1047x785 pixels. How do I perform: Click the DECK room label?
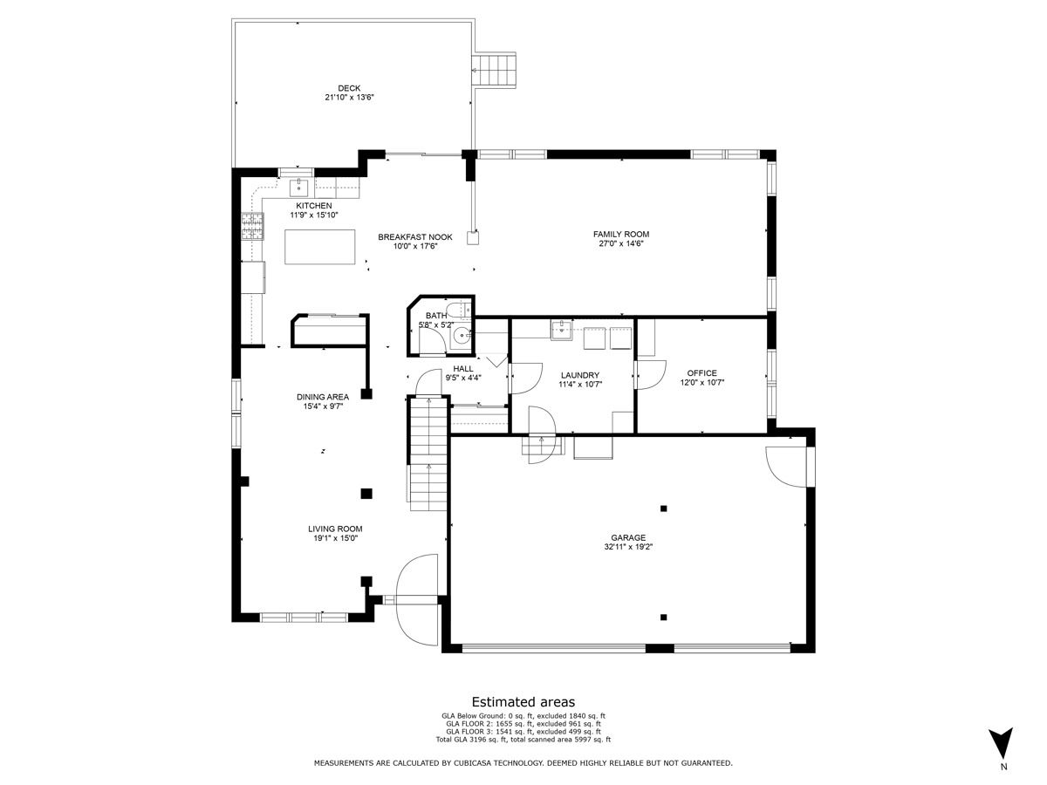tap(349, 88)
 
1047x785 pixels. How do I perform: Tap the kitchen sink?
tap(299, 188)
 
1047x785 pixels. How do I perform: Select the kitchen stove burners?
tap(251, 226)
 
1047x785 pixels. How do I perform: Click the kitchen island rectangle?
tap(319, 247)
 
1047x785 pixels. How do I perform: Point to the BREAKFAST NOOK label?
tap(415, 237)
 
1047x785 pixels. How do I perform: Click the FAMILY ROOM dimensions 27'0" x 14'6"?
tap(621, 243)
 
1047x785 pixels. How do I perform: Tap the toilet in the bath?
tap(459, 310)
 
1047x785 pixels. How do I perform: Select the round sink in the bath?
tap(462, 336)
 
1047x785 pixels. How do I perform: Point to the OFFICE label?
tap(701, 373)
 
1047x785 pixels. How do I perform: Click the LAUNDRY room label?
tap(580, 375)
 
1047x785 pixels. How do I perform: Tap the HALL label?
tap(463, 368)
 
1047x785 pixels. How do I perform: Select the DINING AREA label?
tap(323, 397)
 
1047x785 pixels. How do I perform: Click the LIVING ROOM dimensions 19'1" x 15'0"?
tap(335, 538)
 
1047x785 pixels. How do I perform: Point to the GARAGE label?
tap(628, 537)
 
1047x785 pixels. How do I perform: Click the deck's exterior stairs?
tap(494, 70)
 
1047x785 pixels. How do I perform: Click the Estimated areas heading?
tap(523, 701)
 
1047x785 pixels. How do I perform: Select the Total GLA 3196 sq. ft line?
tap(523, 740)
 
